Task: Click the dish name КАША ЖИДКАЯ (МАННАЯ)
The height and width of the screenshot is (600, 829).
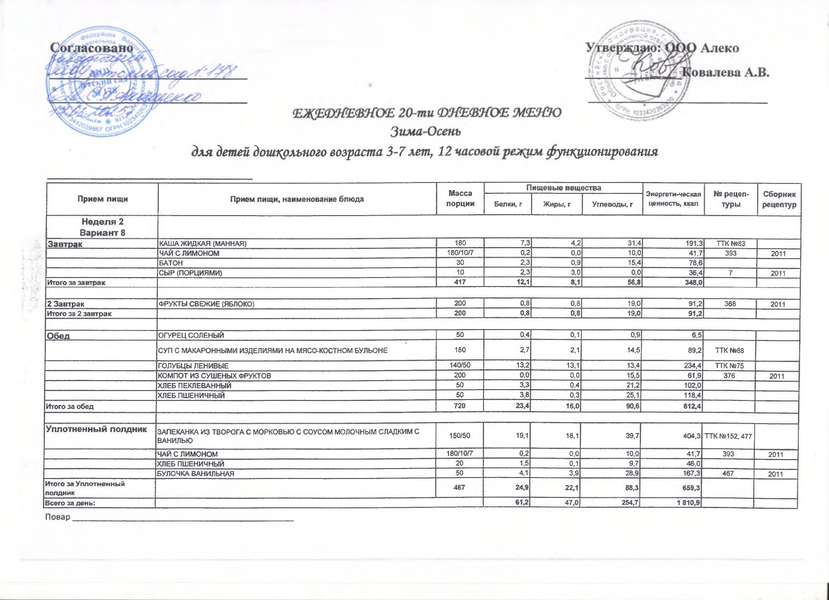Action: tap(202, 243)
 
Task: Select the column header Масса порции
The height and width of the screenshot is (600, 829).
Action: tap(460, 199)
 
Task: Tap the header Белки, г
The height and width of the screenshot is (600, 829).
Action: tap(508, 204)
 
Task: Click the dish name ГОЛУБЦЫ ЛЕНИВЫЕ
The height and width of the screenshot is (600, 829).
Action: tap(193, 365)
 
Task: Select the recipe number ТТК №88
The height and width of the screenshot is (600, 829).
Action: tap(731, 350)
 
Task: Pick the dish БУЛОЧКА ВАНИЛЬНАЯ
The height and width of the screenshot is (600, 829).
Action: tap(196, 473)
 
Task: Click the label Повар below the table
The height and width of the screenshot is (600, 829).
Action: tap(57, 517)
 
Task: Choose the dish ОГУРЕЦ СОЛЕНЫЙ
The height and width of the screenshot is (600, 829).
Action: tap(190, 335)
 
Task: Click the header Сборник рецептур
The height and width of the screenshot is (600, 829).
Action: tap(779, 199)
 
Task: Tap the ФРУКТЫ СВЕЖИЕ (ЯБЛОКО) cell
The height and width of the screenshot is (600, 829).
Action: tap(206, 304)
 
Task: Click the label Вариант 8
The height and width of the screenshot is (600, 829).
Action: tap(103, 233)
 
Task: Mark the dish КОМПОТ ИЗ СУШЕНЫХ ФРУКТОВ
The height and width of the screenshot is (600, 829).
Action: tap(214, 375)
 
